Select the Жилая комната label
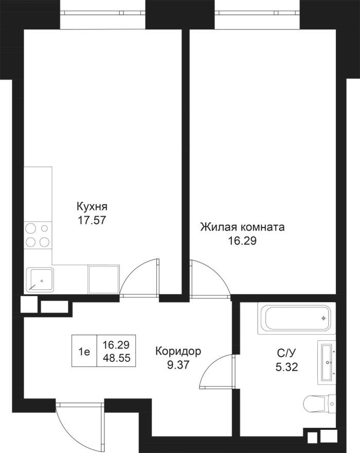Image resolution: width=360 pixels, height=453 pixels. (x=242, y=227)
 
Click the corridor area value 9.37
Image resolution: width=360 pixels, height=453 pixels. (x=178, y=364)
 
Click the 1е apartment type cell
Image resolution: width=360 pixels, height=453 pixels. (x=84, y=352)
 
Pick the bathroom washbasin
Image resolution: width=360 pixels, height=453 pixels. (x=326, y=362)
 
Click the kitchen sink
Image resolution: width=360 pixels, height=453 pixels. (x=40, y=280)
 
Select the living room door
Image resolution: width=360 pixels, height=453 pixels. (x=208, y=278)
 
